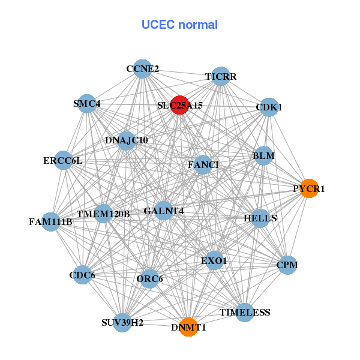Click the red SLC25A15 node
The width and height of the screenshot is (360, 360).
tap(179, 105)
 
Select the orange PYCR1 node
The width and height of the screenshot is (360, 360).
tap(308, 188)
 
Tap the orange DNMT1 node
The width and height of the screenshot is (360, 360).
tap(188, 327)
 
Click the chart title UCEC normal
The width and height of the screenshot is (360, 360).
tap(179, 25)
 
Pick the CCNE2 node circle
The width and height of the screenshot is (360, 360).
tap(142, 69)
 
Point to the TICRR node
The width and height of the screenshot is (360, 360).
tap(221, 77)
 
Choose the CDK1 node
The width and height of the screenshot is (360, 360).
tap(269, 107)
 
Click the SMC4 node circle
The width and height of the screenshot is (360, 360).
tap(87, 103)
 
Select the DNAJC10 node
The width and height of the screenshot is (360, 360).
tap(127, 140)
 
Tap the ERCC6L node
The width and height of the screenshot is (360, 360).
tap(63, 160)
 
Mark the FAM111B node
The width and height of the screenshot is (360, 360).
tap(50, 221)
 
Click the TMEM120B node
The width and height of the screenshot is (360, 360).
tap(103, 214)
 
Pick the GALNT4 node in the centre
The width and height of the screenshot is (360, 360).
tap(164, 211)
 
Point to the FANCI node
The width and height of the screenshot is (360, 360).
tap(203, 164)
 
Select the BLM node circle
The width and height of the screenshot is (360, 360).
tap(263, 156)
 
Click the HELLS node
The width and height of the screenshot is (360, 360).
tap(260, 218)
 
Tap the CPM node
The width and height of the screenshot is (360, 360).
tap(287, 265)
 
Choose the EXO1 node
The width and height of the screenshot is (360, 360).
tap(214, 261)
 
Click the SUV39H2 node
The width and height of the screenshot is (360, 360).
tap(122, 322)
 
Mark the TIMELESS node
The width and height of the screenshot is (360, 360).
tap(245, 313)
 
